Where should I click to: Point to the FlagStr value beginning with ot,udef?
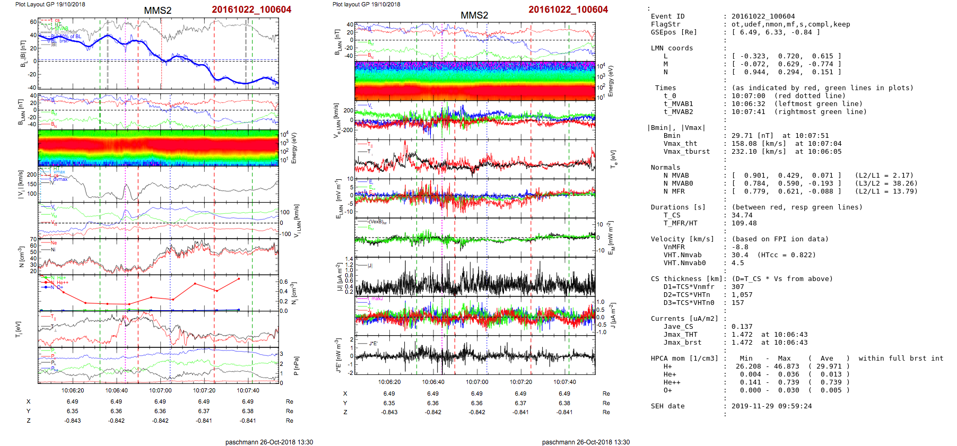pos(790,24)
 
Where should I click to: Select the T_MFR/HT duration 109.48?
pos(744,223)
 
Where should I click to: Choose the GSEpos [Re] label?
pos(674,32)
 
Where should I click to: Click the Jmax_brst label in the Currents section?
pos(682,343)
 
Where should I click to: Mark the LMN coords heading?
pos(672,48)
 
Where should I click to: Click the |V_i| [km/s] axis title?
pos(21,184)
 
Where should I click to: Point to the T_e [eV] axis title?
pos(614,158)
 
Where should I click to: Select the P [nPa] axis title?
pos(295,366)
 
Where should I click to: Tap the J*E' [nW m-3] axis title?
pos(337,355)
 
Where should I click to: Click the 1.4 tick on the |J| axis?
pos(349,258)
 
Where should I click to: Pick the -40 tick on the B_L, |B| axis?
pos(32,88)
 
